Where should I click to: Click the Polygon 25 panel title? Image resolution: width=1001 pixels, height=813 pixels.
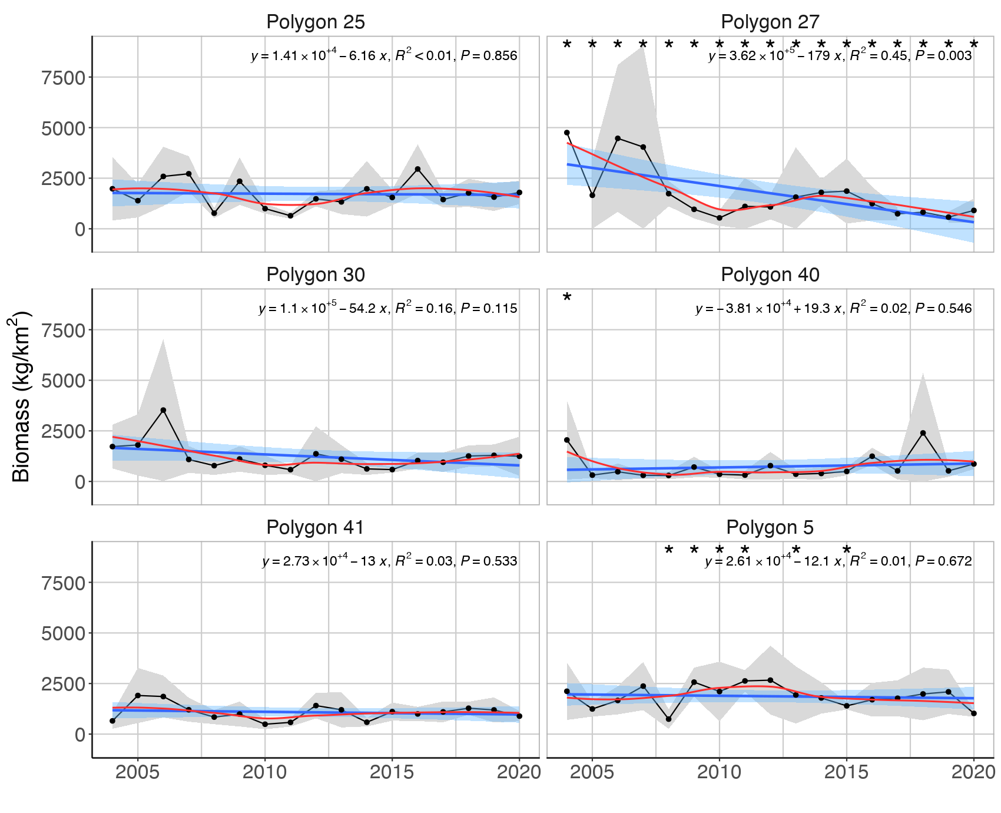pos(316,22)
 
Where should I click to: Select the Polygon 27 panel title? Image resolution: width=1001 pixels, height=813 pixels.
pos(770,22)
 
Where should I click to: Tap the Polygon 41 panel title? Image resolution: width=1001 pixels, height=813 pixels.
pos(316,527)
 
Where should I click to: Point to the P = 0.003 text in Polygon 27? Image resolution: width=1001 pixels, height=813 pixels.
pos(943,56)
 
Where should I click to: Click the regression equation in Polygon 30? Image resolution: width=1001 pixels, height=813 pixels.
pos(323,309)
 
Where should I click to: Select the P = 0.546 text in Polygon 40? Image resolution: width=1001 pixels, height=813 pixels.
pos(943,309)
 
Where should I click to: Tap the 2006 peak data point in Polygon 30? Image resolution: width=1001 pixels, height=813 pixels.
pos(163,410)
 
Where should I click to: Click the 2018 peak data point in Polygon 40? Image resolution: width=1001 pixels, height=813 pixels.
pos(923,433)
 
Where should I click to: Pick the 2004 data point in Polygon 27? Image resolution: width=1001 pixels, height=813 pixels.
pos(567,133)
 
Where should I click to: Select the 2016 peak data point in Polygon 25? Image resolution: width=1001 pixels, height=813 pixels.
pos(417,169)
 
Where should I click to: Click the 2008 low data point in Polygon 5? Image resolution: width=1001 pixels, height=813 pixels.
pos(668,719)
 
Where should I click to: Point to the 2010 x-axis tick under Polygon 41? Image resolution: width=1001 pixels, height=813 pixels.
pos(265,772)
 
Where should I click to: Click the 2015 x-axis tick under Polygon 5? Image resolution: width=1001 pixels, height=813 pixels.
pos(846,772)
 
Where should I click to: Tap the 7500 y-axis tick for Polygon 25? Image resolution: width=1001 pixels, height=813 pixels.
pos(63,78)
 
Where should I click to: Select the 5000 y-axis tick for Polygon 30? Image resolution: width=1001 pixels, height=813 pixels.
pos(63,381)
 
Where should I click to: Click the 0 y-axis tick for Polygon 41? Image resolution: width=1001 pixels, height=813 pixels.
pos(79,735)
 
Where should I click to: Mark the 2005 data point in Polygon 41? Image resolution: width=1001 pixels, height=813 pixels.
pos(138,695)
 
